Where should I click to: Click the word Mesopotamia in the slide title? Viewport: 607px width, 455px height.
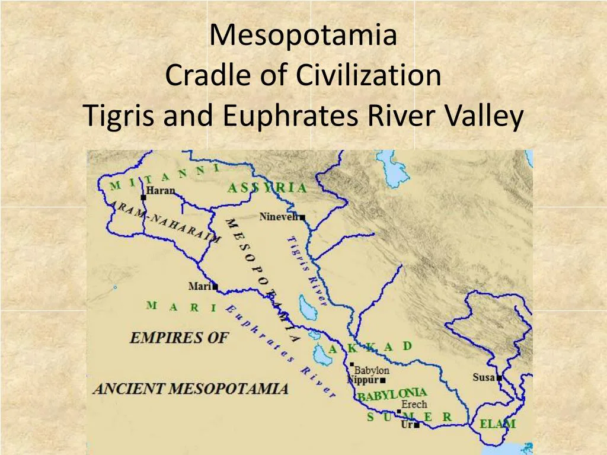303,36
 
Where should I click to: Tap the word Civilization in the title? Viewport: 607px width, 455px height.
369,76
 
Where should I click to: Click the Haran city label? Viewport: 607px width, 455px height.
160,191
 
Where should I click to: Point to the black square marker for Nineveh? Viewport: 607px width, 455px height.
302,218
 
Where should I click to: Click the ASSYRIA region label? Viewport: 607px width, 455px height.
267,188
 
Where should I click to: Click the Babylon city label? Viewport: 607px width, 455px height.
372,370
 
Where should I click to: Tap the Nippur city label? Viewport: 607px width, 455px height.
363,380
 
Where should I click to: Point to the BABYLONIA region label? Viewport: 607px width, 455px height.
391,395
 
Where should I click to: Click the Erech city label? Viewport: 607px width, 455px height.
414,405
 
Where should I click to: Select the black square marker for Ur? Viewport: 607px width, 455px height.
417,425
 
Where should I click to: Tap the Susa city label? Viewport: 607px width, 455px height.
484,377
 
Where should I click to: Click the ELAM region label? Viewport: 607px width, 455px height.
497,424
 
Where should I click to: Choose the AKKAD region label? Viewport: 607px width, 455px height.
370,348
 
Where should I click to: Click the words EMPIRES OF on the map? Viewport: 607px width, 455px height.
178,338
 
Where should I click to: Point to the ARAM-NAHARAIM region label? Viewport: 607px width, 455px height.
166,219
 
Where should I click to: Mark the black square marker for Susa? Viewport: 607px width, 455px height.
499,378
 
